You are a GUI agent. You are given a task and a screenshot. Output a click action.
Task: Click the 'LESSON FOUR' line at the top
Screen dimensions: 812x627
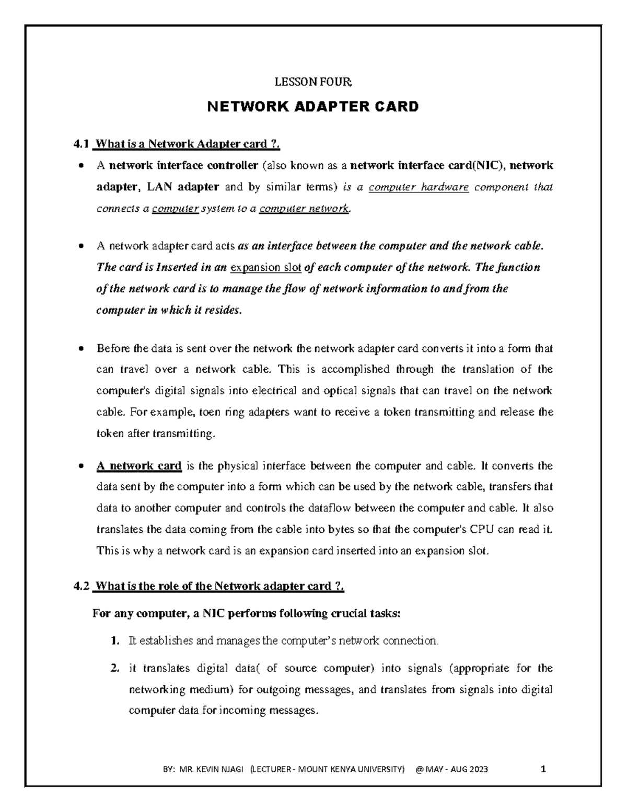pyautogui.click(x=313, y=82)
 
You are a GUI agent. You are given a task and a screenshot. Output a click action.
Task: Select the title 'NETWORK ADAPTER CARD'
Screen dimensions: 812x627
pyautogui.click(x=313, y=107)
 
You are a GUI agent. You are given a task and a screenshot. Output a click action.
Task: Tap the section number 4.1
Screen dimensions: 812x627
pyautogui.click(x=82, y=144)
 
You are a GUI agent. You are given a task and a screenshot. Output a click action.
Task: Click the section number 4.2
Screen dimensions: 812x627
pyautogui.click(x=82, y=586)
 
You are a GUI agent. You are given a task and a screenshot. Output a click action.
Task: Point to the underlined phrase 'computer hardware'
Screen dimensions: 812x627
pyautogui.click(x=419, y=187)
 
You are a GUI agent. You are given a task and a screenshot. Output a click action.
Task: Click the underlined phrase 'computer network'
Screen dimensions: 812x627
pyautogui.click(x=304, y=209)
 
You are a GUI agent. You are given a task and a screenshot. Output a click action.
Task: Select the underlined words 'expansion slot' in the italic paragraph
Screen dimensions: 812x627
pyautogui.click(x=265, y=268)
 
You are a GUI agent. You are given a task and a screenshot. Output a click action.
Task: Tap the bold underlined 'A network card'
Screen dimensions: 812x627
pyautogui.click(x=139, y=465)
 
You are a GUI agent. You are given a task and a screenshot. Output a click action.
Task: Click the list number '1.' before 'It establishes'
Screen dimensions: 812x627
pyautogui.click(x=115, y=641)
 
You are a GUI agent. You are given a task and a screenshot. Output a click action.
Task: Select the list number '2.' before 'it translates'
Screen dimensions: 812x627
pyautogui.click(x=115, y=668)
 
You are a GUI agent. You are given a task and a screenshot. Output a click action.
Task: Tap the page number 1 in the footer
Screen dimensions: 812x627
pyautogui.click(x=543, y=769)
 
